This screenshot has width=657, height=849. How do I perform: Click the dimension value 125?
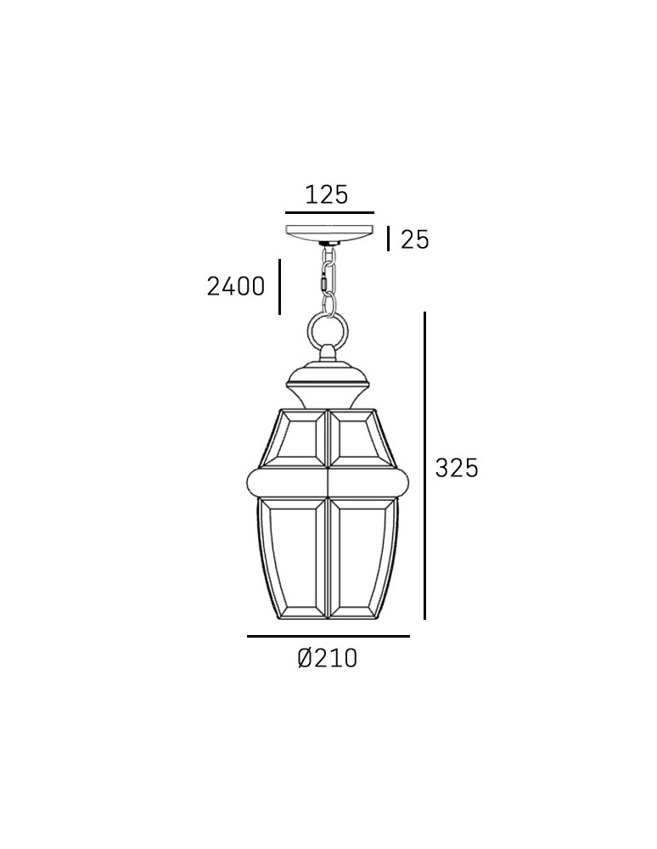[x=327, y=194]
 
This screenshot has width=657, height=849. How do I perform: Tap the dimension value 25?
[x=414, y=240]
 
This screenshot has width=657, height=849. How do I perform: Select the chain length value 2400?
[x=236, y=287]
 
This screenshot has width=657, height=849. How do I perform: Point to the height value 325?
[x=457, y=467]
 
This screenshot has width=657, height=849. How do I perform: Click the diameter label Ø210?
[x=328, y=658]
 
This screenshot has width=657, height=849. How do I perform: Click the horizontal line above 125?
[x=329, y=212]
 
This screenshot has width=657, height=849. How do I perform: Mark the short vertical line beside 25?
[x=389, y=239]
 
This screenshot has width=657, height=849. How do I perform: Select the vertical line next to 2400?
[x=279, y=287]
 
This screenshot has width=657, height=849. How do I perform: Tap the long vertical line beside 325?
[x=424, y=465]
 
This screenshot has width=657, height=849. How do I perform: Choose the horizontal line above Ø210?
[x=328, y=636]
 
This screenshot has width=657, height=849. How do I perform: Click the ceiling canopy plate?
[x=329, y=233]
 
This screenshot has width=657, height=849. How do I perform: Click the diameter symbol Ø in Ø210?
[x=306, y=658]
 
